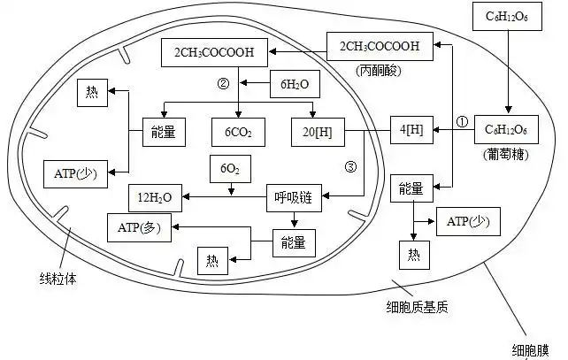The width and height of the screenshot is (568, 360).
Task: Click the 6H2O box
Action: tap(294, 83)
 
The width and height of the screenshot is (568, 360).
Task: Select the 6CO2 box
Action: tap(238, 134)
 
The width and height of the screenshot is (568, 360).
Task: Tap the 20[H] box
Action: tap(317, 134)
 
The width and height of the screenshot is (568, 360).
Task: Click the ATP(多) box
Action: tap(138, 226)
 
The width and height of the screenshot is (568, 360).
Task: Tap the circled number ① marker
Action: tap(461, 120)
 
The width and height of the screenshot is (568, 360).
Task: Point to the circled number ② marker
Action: tap(223, 85)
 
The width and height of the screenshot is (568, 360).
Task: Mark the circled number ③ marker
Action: tap(350, 165)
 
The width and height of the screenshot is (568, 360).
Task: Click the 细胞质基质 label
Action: tap(418, 307)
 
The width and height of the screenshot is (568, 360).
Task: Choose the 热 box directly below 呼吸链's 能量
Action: tap(211, 260)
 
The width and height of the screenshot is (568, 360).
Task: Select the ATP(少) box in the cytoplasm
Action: tap(469, 221)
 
